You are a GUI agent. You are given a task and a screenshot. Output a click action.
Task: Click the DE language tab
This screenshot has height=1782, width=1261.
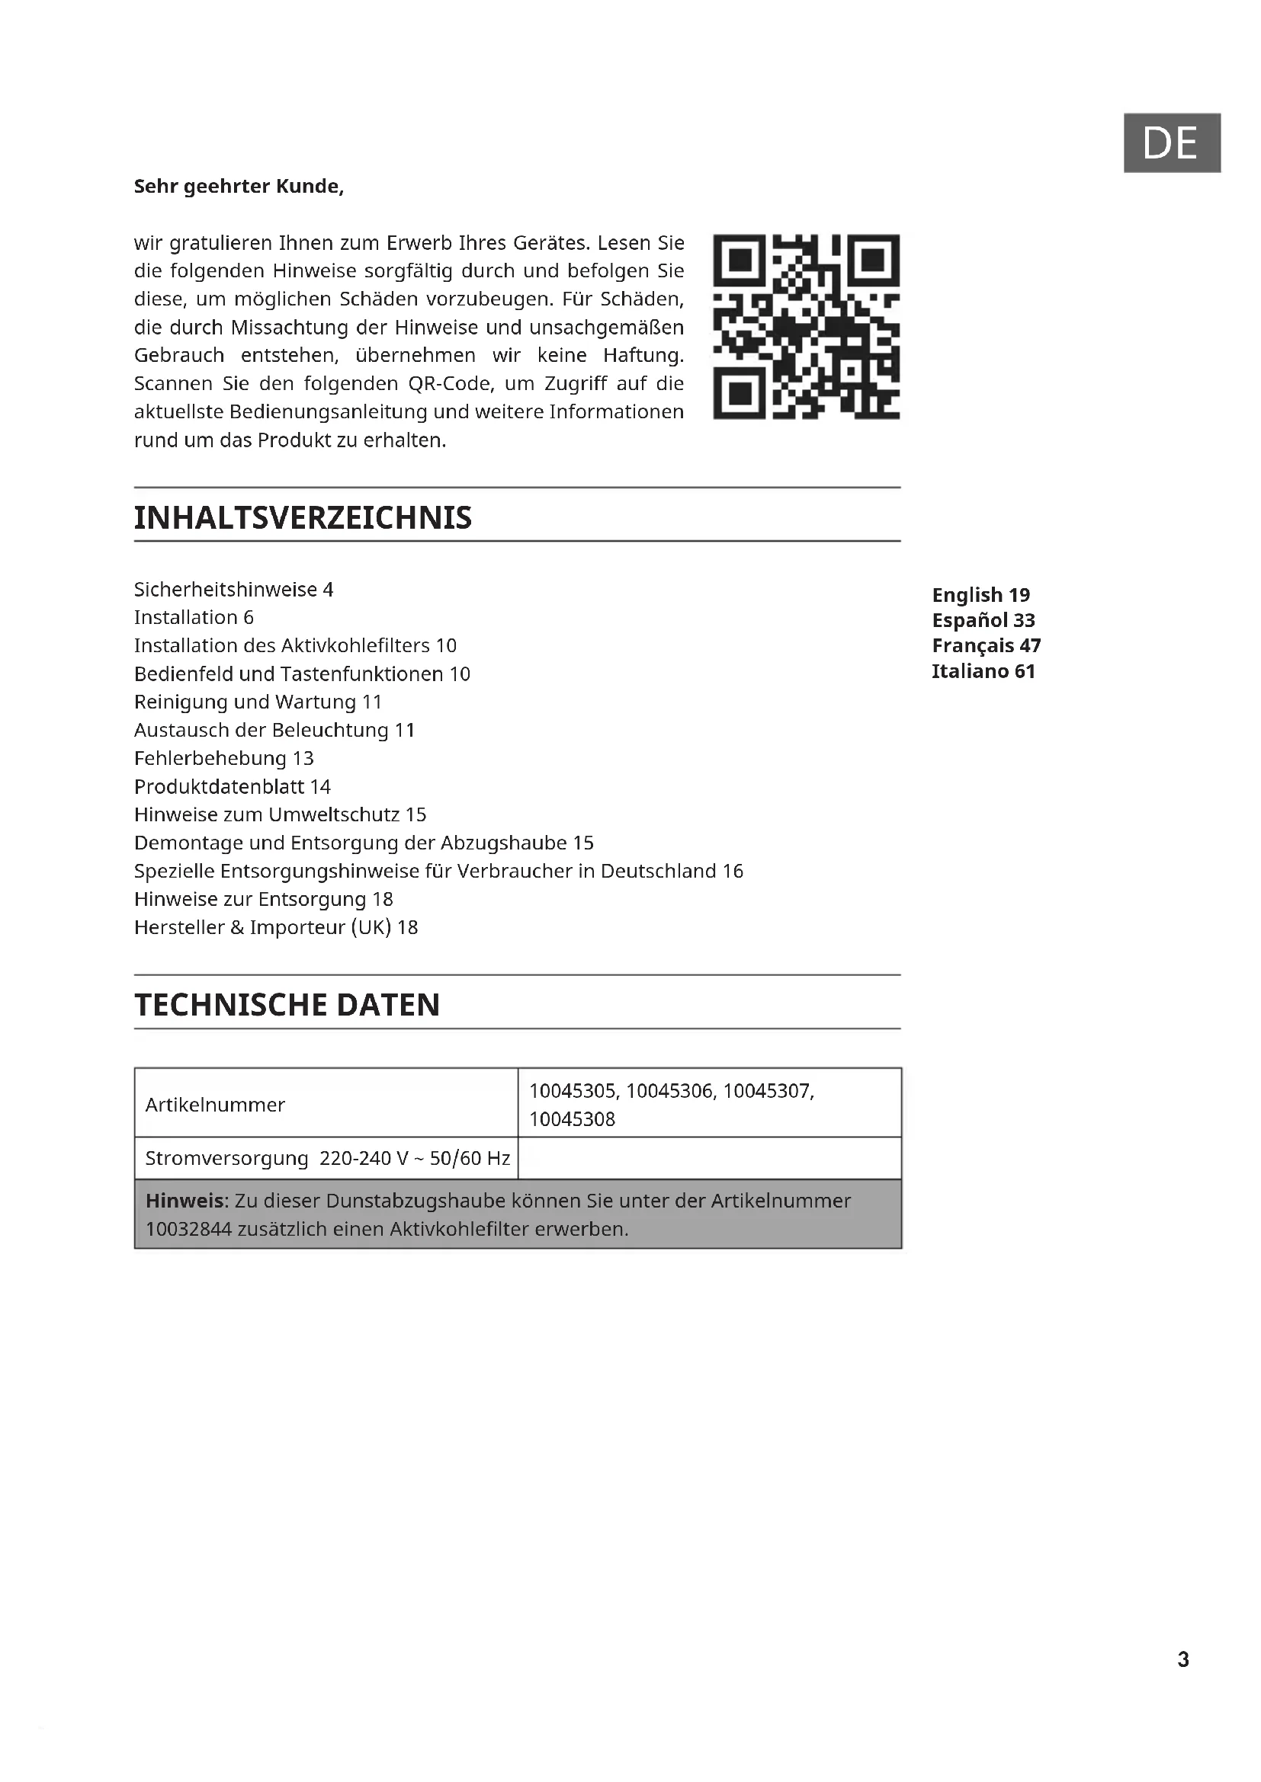pos(1171,142)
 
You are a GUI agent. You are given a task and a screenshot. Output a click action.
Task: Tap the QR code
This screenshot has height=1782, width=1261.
pos(806,326)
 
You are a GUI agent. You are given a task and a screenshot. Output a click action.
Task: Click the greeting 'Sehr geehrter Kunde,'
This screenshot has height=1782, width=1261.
pos(239,186)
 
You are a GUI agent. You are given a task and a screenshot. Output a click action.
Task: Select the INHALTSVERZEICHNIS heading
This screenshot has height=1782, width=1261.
pos(303,517)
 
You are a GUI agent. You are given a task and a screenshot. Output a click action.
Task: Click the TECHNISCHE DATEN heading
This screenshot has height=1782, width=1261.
pos(287,1004)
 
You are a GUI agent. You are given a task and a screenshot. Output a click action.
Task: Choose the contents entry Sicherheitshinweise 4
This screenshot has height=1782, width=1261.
pos(233,589)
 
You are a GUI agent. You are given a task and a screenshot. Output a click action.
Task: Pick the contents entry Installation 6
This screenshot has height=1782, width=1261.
pos(194,617)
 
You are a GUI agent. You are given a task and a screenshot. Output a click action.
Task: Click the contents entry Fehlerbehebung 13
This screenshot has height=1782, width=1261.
pos(223,757)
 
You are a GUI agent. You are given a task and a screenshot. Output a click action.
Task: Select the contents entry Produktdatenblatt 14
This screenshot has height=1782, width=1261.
pos(233,786)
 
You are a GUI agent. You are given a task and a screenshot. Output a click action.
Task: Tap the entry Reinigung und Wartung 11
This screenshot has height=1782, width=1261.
pos(258,702)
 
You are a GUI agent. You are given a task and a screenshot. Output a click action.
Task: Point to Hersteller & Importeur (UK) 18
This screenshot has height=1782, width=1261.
pos(276,926)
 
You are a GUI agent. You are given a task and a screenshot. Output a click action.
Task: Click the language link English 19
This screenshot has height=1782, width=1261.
pos(980,594)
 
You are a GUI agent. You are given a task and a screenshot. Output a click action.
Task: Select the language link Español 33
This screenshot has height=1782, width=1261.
pos(983,620)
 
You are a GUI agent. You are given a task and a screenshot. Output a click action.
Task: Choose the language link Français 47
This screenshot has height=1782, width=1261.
pos(986,645)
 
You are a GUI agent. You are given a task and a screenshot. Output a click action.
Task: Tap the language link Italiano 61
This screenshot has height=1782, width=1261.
pos(983,670)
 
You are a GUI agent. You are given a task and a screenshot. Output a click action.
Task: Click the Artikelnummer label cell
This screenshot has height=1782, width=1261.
pos(215,1104)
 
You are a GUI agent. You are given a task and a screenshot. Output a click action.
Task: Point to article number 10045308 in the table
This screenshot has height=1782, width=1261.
pos(573,1118)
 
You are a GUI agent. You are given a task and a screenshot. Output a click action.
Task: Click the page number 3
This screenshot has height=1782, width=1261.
pos(1182,1659)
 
